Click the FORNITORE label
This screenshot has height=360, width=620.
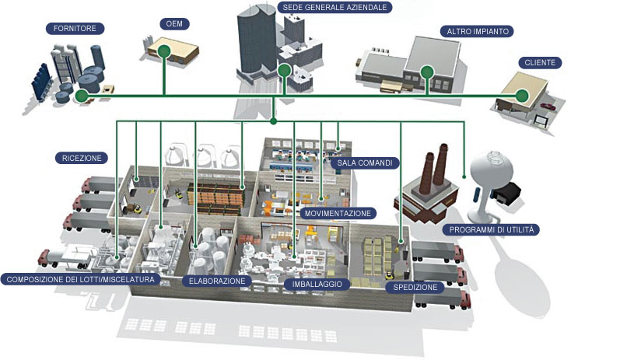click(75, 29)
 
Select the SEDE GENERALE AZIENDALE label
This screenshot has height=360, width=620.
click(335, 7)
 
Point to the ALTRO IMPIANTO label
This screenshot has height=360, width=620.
click(478, 32)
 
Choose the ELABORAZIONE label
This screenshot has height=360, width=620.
click(217, 281)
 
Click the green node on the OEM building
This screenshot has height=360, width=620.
click(164, 51)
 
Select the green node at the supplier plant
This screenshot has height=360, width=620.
click(82, 96)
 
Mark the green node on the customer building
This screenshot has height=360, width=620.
click(522, 96)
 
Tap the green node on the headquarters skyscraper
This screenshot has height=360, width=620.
click(285, 72)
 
